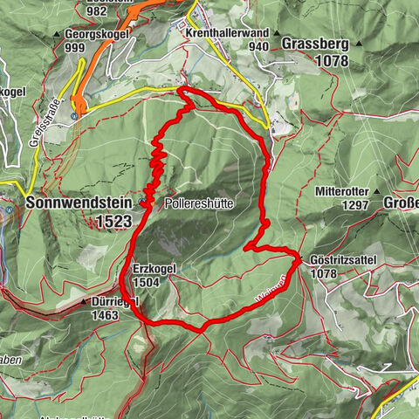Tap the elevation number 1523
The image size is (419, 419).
(114, 223)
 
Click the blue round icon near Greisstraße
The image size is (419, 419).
(76, 114)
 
